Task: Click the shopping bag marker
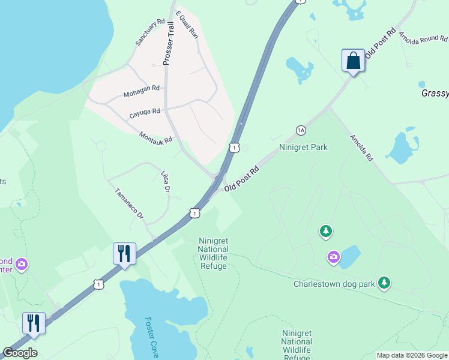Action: [353, 61]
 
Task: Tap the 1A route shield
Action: [301, 130]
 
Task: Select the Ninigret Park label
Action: [304, 147]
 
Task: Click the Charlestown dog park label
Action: [334, 284]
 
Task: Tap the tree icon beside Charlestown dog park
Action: [384, 283]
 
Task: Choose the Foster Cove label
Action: [151, 338]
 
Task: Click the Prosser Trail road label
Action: [169, 43]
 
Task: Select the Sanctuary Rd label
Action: [149, 32]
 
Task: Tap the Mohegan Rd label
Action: [142, 92]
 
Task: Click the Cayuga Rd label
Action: [145, 113]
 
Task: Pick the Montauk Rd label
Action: [155, 137]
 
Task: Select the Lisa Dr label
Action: [166, 182]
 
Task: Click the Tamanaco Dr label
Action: [130, 203]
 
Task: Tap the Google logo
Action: [20, 353]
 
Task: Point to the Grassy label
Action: [435, 93]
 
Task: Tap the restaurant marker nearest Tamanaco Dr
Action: [124, 254]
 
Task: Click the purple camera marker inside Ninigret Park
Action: [333, 257]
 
